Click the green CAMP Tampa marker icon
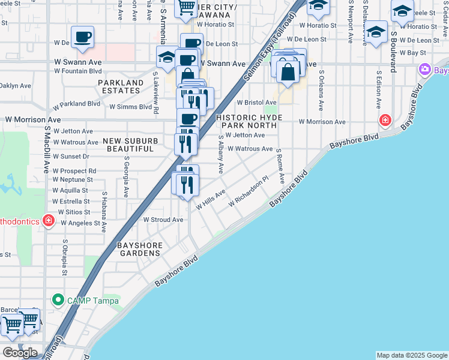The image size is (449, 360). [x=58, y=298]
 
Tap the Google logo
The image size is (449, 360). [x=20, y=352]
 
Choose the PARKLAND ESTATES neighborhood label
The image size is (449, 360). [x=121, y=87]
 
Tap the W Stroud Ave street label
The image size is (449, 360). [x=163, y=220]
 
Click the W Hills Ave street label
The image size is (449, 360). [x=210, y=200]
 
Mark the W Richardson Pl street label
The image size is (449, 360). [x=247, y=193]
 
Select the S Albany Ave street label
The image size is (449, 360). [x=221, y=155]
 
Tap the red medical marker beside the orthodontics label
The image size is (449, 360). [x=49, y=221]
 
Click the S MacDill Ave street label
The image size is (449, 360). [x=46, y=151]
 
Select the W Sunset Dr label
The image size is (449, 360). [x=71, y=156]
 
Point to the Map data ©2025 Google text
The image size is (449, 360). [x=412, y=355]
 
